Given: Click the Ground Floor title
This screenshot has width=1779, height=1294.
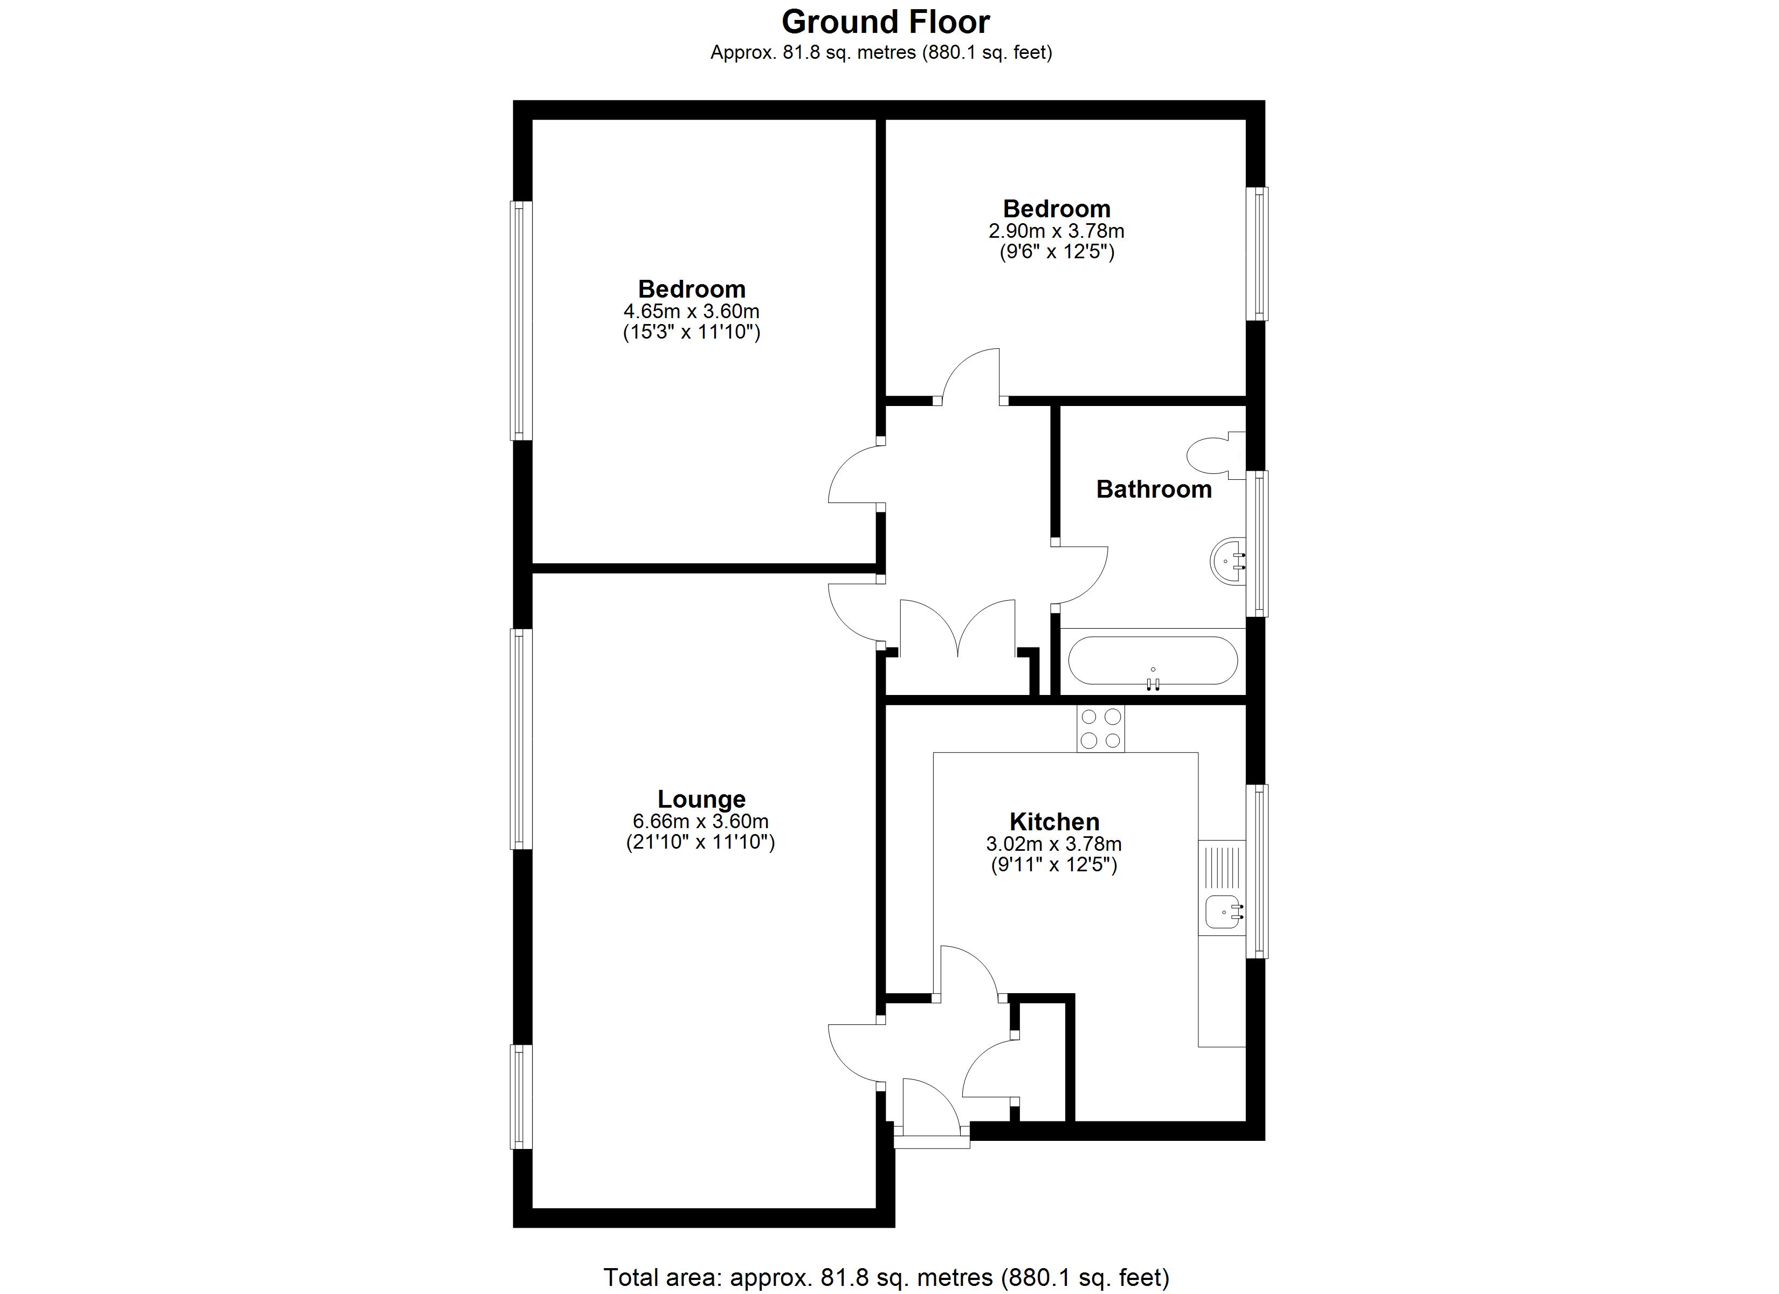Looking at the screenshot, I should (x=886, y=22).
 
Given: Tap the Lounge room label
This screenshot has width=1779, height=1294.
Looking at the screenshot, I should (x=701, y=799).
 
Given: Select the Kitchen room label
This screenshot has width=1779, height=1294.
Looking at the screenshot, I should (x=1054, y=822).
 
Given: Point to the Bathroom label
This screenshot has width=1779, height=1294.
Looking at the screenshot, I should (x=1153, y=489).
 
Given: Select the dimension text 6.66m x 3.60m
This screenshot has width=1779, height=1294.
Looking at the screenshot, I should (x=700, y=821).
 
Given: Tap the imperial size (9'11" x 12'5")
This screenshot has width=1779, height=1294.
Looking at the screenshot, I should (x=1054, y=865).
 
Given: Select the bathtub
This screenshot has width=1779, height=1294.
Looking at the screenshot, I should (x=1152, y=660).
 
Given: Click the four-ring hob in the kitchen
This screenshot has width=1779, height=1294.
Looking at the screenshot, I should (x=1100, y=728).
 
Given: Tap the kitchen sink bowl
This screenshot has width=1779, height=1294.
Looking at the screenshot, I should (x=1223, y=912).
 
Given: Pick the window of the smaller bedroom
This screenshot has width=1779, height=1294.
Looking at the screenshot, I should (x=1257, y=253).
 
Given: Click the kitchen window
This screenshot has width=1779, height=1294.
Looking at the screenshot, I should (x=1257, y=871).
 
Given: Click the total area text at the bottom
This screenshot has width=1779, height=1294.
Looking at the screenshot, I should (x=886, y=1277).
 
